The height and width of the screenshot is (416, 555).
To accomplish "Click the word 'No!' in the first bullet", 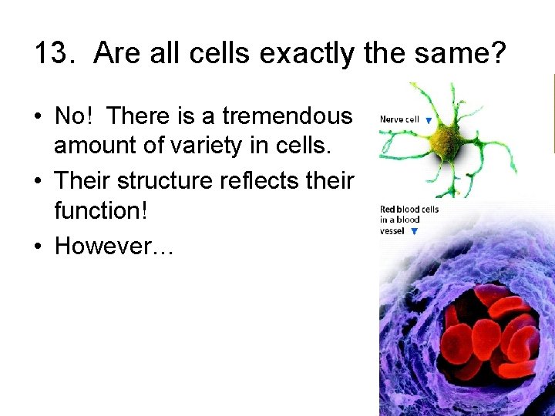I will point(76,116).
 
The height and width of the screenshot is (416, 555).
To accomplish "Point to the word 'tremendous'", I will point(287,116).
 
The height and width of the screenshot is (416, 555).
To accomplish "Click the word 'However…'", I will point(115,247).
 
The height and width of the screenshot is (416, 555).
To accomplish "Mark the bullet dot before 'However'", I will point(38,247).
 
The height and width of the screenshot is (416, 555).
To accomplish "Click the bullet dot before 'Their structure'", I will point(38,182).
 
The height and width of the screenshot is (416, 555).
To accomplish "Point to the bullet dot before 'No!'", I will point(38,116).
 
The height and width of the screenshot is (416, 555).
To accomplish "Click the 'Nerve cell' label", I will point(399,119).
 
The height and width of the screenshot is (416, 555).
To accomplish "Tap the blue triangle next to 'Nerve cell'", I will point(428,120).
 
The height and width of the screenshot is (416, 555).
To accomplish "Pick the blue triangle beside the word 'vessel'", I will point(414,231).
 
